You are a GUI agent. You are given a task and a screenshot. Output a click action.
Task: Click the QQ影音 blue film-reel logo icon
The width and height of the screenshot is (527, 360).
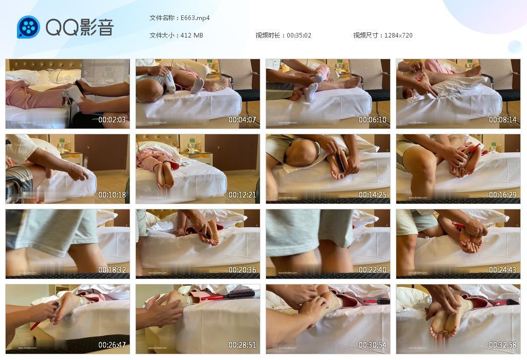pyautogui.click(x=28, y=27)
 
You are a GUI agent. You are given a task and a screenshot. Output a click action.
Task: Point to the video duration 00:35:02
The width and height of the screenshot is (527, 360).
pyautogui.click(x=299, y=35)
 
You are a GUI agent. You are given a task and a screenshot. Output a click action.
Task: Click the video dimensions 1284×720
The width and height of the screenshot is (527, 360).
pyautogui.click(x=398, y=35)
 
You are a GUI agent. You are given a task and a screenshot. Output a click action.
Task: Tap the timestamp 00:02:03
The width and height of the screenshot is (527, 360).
pyautogui.click(x=112, y=120)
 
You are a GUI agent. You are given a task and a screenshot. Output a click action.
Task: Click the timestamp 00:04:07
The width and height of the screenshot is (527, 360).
pyautogui.click(x=242, y=120)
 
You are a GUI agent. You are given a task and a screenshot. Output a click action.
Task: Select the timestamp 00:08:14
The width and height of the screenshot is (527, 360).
pyautogui.click(x=503, y=120)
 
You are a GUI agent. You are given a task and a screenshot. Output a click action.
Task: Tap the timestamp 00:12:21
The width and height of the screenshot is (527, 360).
pyautogui.click(x=242, y=195)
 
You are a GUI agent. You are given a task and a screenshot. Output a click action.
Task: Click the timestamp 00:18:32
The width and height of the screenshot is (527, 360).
pyautogui.click(x=112, y=270)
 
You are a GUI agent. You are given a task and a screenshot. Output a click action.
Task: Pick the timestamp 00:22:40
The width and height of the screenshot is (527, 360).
pyautogui.click(x=373, y=270)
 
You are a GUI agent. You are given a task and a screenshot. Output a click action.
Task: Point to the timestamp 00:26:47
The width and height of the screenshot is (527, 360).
pyautogui.click(x=112, y=345)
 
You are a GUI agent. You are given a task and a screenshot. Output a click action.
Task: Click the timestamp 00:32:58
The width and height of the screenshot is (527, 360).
pyautogui.click(x=503, y=345)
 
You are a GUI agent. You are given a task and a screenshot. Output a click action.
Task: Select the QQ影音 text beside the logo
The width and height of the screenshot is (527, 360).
pyautogui.click(x=79, y=27)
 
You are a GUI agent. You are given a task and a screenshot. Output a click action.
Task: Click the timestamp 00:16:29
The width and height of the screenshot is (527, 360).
pyautogui.click(x=503, y=195)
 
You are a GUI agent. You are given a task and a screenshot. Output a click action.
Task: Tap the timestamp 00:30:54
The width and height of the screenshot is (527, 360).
pyautogui.click(x=373, y=345)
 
